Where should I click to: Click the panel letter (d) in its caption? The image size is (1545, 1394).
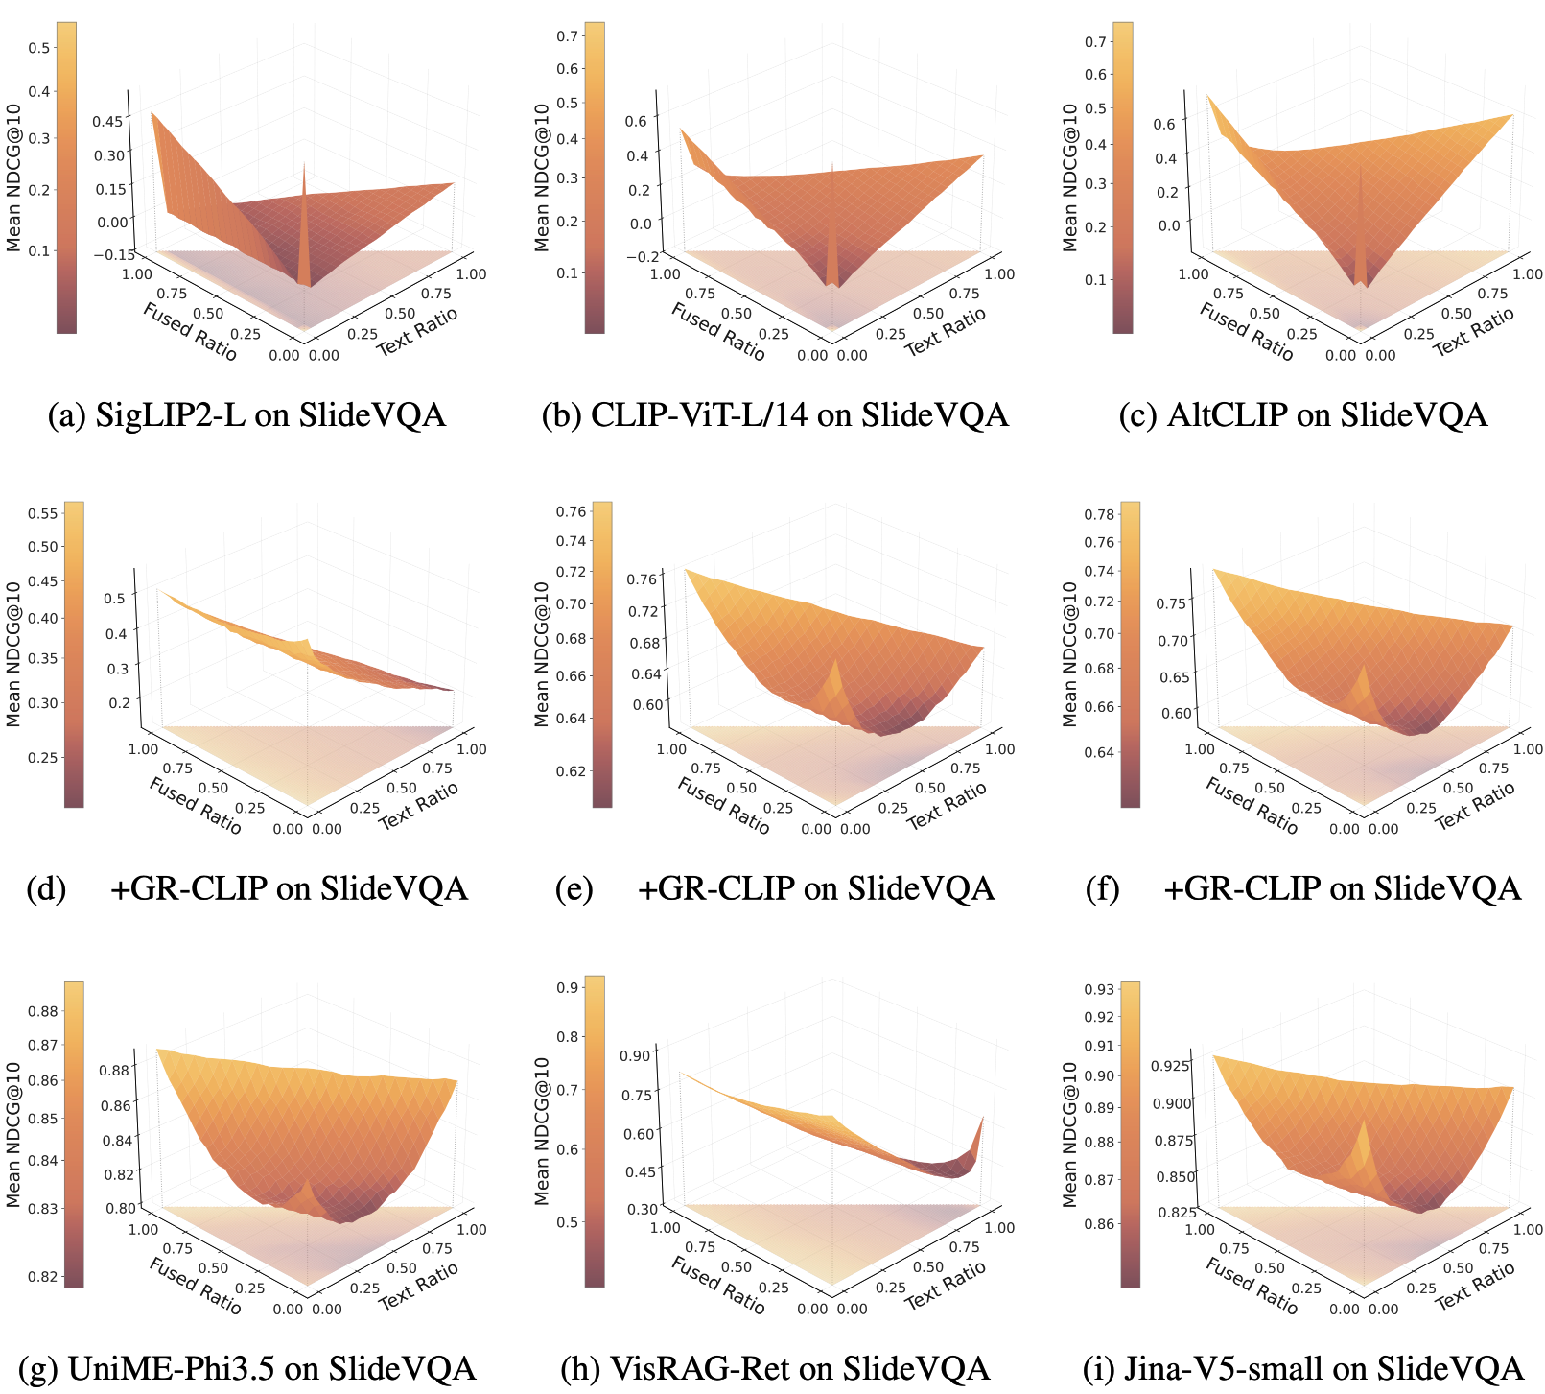(x=47, y=888)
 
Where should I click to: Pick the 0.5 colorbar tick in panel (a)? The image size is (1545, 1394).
(x=39, y=48)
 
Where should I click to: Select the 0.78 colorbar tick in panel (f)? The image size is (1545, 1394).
(x=1099, y=514)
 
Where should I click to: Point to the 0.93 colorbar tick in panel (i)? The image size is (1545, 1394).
(x=1099, y=989)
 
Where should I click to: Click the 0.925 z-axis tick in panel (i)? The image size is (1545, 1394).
(x=1169, y=1066)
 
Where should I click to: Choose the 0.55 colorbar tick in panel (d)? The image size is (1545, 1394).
(x=43, y=513)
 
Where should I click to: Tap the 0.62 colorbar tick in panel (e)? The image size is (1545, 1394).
(x=571, y=770)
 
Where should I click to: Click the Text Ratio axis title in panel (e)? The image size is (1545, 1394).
(x=946, y=805)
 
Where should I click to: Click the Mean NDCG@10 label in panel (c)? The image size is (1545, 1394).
(x=1070, y=177)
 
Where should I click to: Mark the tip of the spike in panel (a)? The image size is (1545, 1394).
(x=305, y=163)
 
